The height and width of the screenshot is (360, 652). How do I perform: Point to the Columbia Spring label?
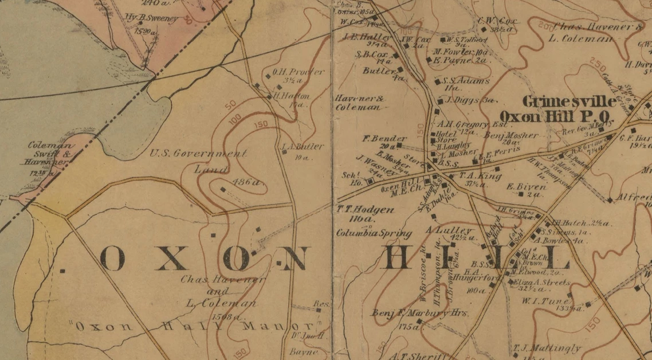click(x=374, y=233)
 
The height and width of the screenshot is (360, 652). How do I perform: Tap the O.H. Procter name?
click(x=298, y=72)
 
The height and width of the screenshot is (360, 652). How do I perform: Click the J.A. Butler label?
click(x=303, y=147)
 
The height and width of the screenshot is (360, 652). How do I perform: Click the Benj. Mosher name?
click(x=511, y=136)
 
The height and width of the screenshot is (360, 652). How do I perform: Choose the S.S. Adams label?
click(x=466, y=81)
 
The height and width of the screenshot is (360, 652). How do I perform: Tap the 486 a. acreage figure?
click(x=247, y=183)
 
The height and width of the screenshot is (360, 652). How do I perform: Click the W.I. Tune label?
click(x=552, y=300)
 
